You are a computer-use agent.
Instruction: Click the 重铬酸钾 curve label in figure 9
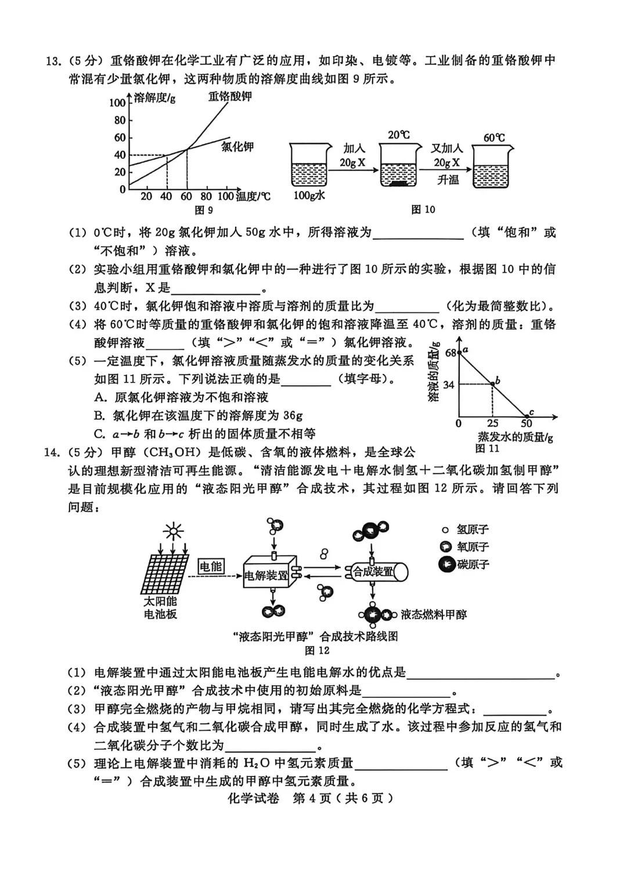pos(230,96)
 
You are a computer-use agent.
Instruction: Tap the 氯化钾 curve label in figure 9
pos(237,147)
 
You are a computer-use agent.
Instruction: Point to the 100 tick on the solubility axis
pos(117,103)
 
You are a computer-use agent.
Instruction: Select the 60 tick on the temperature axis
pos(186,196)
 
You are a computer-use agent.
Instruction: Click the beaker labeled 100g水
pos(308,167)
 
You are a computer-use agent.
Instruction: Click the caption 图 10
pos(423,210)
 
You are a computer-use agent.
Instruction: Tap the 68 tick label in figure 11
pos(451,352)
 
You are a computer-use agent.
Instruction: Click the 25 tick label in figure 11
pos(492,424)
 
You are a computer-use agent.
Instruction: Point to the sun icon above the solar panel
pos(172,531)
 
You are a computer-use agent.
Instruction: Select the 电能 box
pos(211,566)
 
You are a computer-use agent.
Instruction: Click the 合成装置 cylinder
pos(376,572)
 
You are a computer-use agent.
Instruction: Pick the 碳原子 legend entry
pos(465,564)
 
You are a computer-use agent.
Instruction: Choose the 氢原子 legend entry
pos(465,529)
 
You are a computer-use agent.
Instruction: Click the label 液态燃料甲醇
pos(433,615)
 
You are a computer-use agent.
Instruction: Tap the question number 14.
pos(53,452)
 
